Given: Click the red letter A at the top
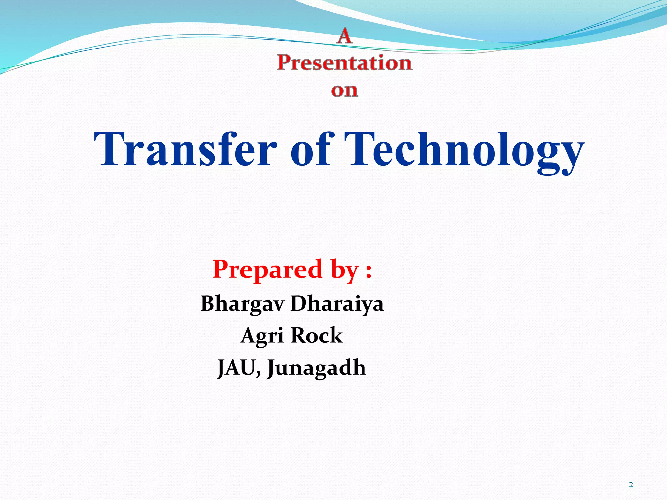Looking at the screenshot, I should (345, 36).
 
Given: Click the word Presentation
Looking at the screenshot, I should (345, 62).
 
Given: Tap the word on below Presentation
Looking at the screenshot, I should (345, 90).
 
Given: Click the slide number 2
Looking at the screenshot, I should (631, 485).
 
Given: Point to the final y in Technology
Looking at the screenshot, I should (568, 156).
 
